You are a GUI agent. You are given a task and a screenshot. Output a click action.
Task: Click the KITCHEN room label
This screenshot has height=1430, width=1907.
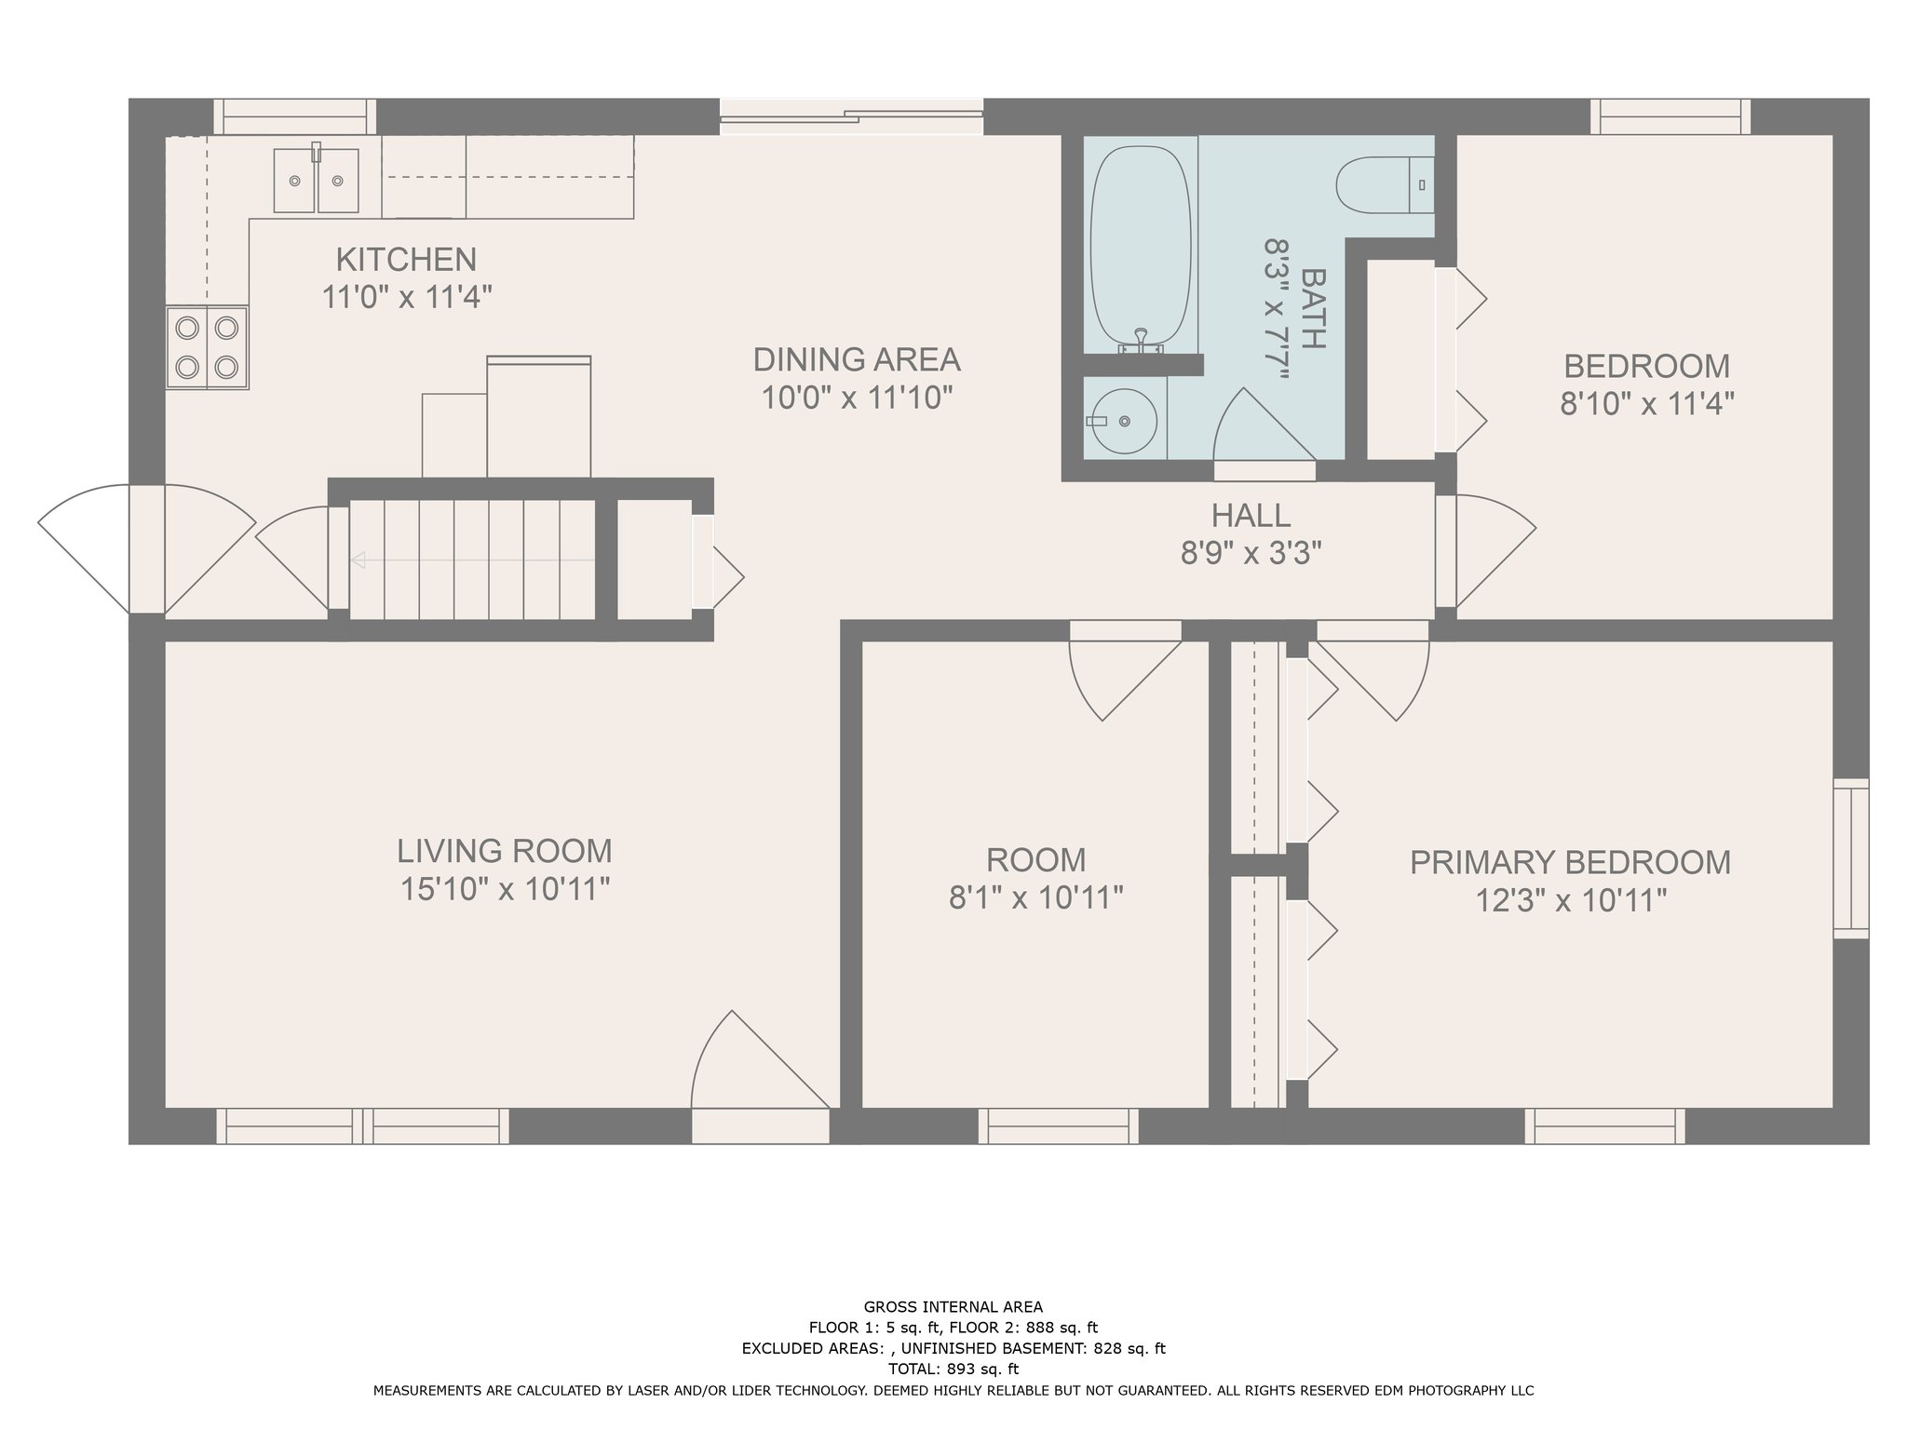pyautogui.click(x=406, y=259)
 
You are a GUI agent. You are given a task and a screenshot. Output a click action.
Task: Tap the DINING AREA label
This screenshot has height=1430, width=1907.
pyautogui.click(x=857, y=359)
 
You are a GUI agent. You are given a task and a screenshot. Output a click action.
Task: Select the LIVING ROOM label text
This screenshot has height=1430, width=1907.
pyautogui.click(x=505, y=851)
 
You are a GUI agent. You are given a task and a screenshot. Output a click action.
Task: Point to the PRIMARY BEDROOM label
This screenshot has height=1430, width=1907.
pyautogui.click(x=1570, y=862)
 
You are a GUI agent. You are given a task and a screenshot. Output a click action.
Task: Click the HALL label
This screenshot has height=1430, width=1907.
pyautogui.click(x=1251, y=515)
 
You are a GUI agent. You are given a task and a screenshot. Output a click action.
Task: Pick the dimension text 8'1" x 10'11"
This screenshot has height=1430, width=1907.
pyautogui.click(x=1036, y=897)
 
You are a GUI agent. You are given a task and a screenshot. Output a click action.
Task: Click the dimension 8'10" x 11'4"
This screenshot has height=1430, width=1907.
pyautogui.click(x=1647, y=404)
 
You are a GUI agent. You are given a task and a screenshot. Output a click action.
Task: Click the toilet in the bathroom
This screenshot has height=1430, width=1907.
pyautogui.click(x=1385, y=185)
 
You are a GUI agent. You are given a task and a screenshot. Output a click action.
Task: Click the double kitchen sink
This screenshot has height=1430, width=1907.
pyautogui.click(x=316, y=180)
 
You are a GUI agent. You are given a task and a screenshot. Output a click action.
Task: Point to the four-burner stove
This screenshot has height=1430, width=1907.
pyautogui.click(x=207, y=347)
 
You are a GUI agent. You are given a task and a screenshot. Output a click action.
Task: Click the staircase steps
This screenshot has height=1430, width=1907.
pyautogui.click(x=472, y=560)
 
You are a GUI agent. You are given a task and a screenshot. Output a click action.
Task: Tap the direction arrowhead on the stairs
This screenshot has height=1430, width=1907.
pyautogui.click(x=358, y=560)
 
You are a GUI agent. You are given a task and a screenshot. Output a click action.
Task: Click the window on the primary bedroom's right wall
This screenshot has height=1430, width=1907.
pyautogui.click(x=1851, y=857)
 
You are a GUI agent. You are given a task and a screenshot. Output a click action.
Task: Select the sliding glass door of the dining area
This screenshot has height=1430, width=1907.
pyautogui.click(x=851, y=116)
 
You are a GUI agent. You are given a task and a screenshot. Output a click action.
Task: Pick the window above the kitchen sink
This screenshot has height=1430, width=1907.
pyautogui.click(x=295, y=116)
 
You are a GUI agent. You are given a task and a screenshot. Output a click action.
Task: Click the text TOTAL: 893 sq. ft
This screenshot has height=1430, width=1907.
pyautogui.click(x=953, y=1369)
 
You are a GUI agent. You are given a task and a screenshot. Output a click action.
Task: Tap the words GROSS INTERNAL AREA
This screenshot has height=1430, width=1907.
pyautogui.click(x=953, y=1307)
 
